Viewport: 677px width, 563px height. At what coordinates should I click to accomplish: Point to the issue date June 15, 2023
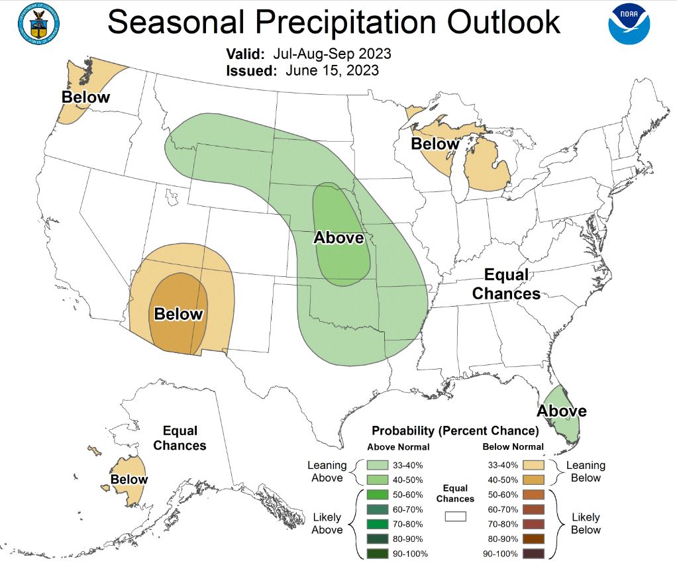click(333, 70)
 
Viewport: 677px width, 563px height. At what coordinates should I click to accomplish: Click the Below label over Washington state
click(85, 97)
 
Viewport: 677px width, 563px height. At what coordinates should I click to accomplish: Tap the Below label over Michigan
click(435, 144)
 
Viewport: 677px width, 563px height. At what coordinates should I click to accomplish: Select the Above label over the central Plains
click(338, 237)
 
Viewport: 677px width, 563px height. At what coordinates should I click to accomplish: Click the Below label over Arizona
click(178, 313)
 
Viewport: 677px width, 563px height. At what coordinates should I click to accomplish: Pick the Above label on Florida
click(561, 411)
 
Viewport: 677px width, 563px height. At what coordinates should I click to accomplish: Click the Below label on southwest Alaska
click(129, 479)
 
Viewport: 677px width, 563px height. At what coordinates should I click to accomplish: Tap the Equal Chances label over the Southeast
click(506, 283)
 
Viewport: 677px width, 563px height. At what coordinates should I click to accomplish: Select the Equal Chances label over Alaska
click(180, 438)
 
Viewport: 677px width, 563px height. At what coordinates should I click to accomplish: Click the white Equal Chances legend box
click(456, 515)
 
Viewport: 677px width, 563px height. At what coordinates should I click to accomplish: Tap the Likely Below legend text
click(586, 523)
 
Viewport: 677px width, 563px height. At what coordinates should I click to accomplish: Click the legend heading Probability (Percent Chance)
click(455, 431)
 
